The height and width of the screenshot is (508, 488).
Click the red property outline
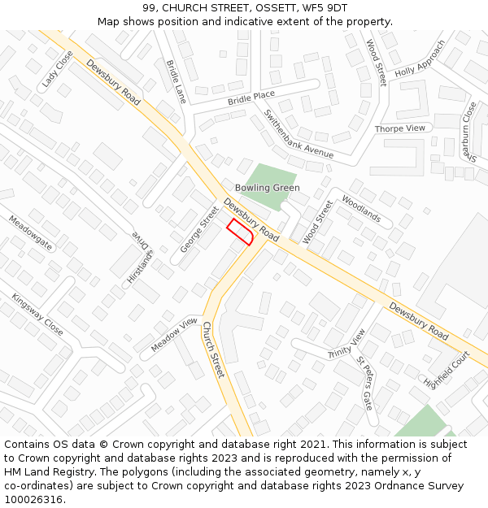(240, 232)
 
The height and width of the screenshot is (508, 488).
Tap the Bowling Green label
(267, 188)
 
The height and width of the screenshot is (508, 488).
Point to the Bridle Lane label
(176, 80)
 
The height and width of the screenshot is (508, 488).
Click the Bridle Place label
(251, 98)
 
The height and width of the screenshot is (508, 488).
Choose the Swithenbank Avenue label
(298, 134)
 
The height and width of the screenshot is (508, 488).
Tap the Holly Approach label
(420, 59)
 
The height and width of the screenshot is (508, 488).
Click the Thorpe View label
(400, 128)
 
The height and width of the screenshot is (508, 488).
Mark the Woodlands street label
(361, 209)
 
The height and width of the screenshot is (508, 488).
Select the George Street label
(199, 228)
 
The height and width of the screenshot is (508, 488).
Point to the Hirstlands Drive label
(140, 259)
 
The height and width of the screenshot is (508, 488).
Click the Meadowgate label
(30, 232)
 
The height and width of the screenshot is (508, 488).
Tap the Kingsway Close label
(37, 315)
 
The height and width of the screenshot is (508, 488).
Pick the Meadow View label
(174, 335)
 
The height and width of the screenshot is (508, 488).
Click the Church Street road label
(212, 349)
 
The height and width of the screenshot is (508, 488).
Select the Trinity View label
(347, 344)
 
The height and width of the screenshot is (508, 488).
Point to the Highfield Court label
(447, 369)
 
